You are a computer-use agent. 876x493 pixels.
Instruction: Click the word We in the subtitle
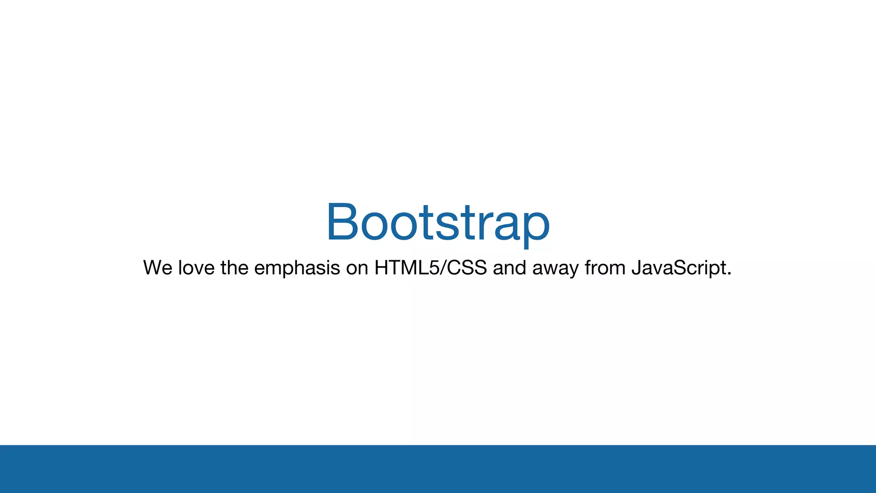pyautogui.click(x=158, y=268)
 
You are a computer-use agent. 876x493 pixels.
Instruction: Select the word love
pyautogui.click(x=196, y=268)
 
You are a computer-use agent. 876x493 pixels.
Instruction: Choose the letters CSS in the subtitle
pyautogui.click(x=467, y=268)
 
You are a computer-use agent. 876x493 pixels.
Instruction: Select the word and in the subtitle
pyautogui.click(x=509, y=268)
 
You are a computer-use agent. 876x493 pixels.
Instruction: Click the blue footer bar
pyautogui.click(x=438, y=469)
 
